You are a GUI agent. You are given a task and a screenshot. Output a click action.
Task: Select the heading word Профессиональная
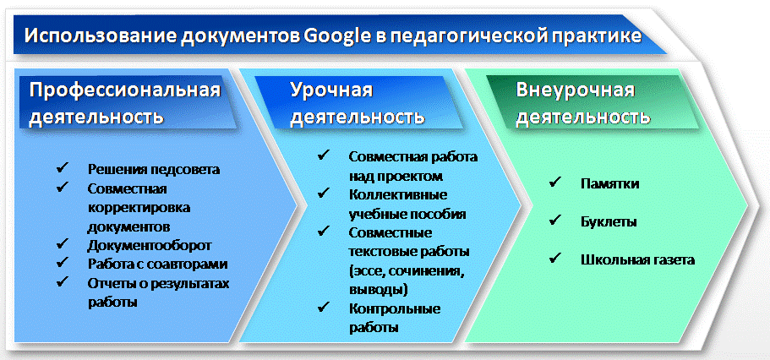click(x=125, y=91)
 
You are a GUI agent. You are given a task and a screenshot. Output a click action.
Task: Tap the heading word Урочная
click(x=331, y=91)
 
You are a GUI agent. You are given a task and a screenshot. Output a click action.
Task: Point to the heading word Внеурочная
click(x=575, y=91)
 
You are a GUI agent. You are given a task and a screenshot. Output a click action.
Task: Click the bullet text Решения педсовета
click(x=154, y=170)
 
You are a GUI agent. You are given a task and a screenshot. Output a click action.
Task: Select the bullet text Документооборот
click(x=150, y=244)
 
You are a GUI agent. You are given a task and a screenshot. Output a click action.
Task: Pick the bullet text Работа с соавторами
click(x=157, y=264)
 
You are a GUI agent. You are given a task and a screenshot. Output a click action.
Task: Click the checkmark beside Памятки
click(x=555, y=183)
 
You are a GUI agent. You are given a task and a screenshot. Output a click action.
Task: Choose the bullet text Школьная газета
click(x=637, y=259)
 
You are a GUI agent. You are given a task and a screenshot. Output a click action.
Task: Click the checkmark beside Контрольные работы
click(x=323, y=308)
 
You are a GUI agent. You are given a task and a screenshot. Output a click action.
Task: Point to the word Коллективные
click(x=398, y=195)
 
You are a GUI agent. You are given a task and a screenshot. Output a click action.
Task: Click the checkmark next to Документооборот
click(x=63, y=243)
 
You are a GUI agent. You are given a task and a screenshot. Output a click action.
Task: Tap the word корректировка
click(x=139, y=208)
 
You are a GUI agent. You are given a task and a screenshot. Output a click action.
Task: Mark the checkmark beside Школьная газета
click(x=555, y=259)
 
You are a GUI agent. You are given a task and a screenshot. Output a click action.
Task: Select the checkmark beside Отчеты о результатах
click(x=63, y=281)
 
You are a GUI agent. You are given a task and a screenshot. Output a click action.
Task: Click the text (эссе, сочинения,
click(x=407, y=271)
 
